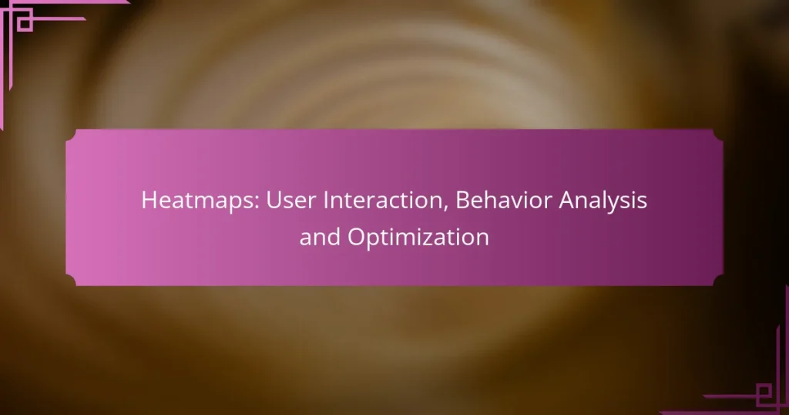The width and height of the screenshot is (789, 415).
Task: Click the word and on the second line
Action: tap(318, 238)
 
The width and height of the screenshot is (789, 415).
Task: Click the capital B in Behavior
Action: tap(462, 201)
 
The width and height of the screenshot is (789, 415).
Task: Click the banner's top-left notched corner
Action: tap(71, 135)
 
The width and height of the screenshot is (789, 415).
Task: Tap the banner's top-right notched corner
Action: tap(718, 135)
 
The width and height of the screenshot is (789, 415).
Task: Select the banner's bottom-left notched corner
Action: tap(71, 280)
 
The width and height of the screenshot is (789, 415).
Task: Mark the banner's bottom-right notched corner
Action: tap(718, 280)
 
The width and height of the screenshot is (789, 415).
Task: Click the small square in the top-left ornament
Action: tap(25, 24)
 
